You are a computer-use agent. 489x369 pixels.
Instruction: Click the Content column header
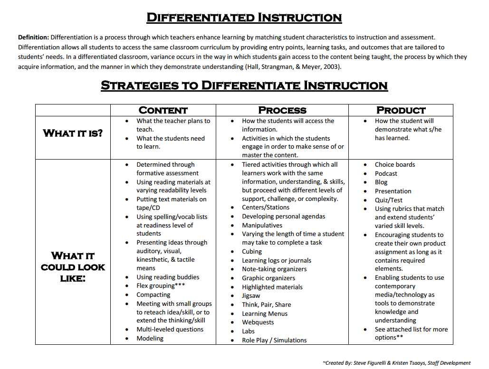(x=163, y=110)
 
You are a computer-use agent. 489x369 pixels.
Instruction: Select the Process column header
(x=282, y=110)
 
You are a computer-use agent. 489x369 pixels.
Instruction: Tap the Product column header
(x=401, y=110)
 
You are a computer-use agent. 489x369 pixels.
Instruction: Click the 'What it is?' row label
(x=73, y=133)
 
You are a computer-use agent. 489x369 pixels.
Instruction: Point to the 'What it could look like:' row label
(x=73, y=267)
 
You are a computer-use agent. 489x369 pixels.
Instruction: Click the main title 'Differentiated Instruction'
(x=244, y=18)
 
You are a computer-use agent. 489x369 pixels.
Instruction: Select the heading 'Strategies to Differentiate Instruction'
(x=244, y=85)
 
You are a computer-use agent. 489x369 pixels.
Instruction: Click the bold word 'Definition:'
(x=33, y=37)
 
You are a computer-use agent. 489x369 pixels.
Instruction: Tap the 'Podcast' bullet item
(x=386, y=173)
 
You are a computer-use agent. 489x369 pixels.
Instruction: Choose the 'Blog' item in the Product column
(x=381, y=182)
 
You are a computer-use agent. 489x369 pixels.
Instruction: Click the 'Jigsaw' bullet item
(x=251, y=295)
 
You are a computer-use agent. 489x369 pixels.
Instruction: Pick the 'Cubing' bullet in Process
(x=252, y=251)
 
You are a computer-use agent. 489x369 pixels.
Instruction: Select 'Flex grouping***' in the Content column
(x=161, y=285)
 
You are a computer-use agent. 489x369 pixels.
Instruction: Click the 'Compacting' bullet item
(x=153, y=294)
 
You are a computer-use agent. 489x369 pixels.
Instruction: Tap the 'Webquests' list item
(x=258, y=322)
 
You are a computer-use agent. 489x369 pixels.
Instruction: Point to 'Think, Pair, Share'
(x=266, y=304)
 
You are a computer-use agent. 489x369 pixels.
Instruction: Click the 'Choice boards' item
(x=395, y=164)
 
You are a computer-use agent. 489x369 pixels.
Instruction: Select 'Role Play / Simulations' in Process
(x=274, y=340)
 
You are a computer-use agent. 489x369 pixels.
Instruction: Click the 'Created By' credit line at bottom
(x=396, y=363)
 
